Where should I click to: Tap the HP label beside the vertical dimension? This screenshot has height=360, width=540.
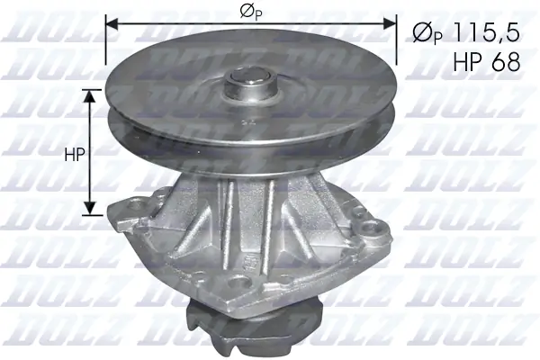74,154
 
